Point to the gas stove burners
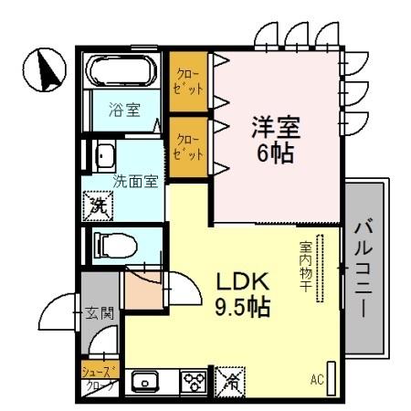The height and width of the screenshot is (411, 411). [x=193, y=381]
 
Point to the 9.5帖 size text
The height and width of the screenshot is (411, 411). [x=242, y=307]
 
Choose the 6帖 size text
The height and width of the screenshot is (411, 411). [x=276, y=153]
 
